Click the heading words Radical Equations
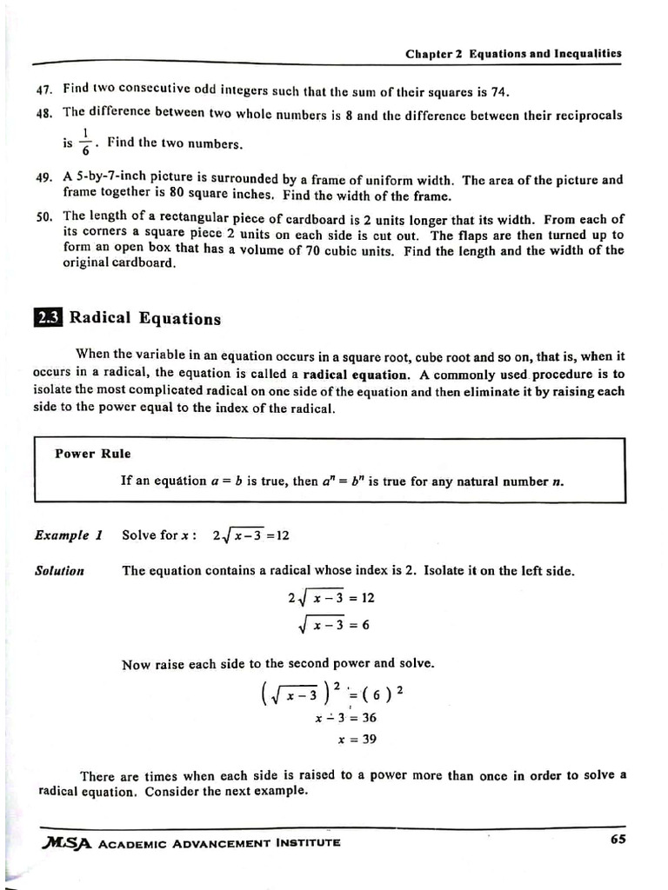[x=145, y=318]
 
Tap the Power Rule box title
[x=93, y=453]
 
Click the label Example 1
[x=69, y=535]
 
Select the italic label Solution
[x=59, y=571]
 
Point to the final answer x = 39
[x=357, y=740]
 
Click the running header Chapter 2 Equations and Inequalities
[x=513, y=53]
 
